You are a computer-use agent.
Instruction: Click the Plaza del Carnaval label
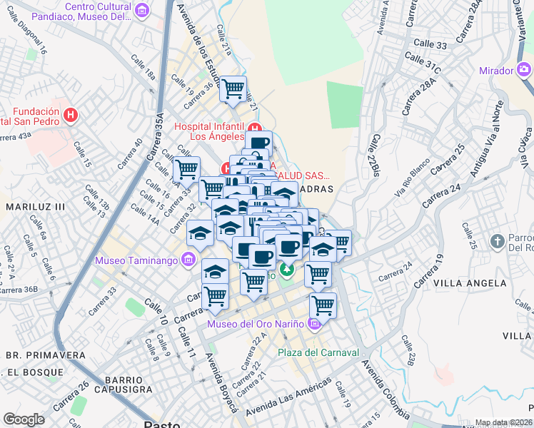[x=317, y=352]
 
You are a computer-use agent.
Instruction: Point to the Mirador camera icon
[x=525, y=70]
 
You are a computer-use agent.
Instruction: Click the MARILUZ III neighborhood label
[x=36, y=207]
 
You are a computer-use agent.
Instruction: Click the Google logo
[x=24, y=419]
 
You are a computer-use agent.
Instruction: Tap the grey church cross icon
[x=498, y=240]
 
